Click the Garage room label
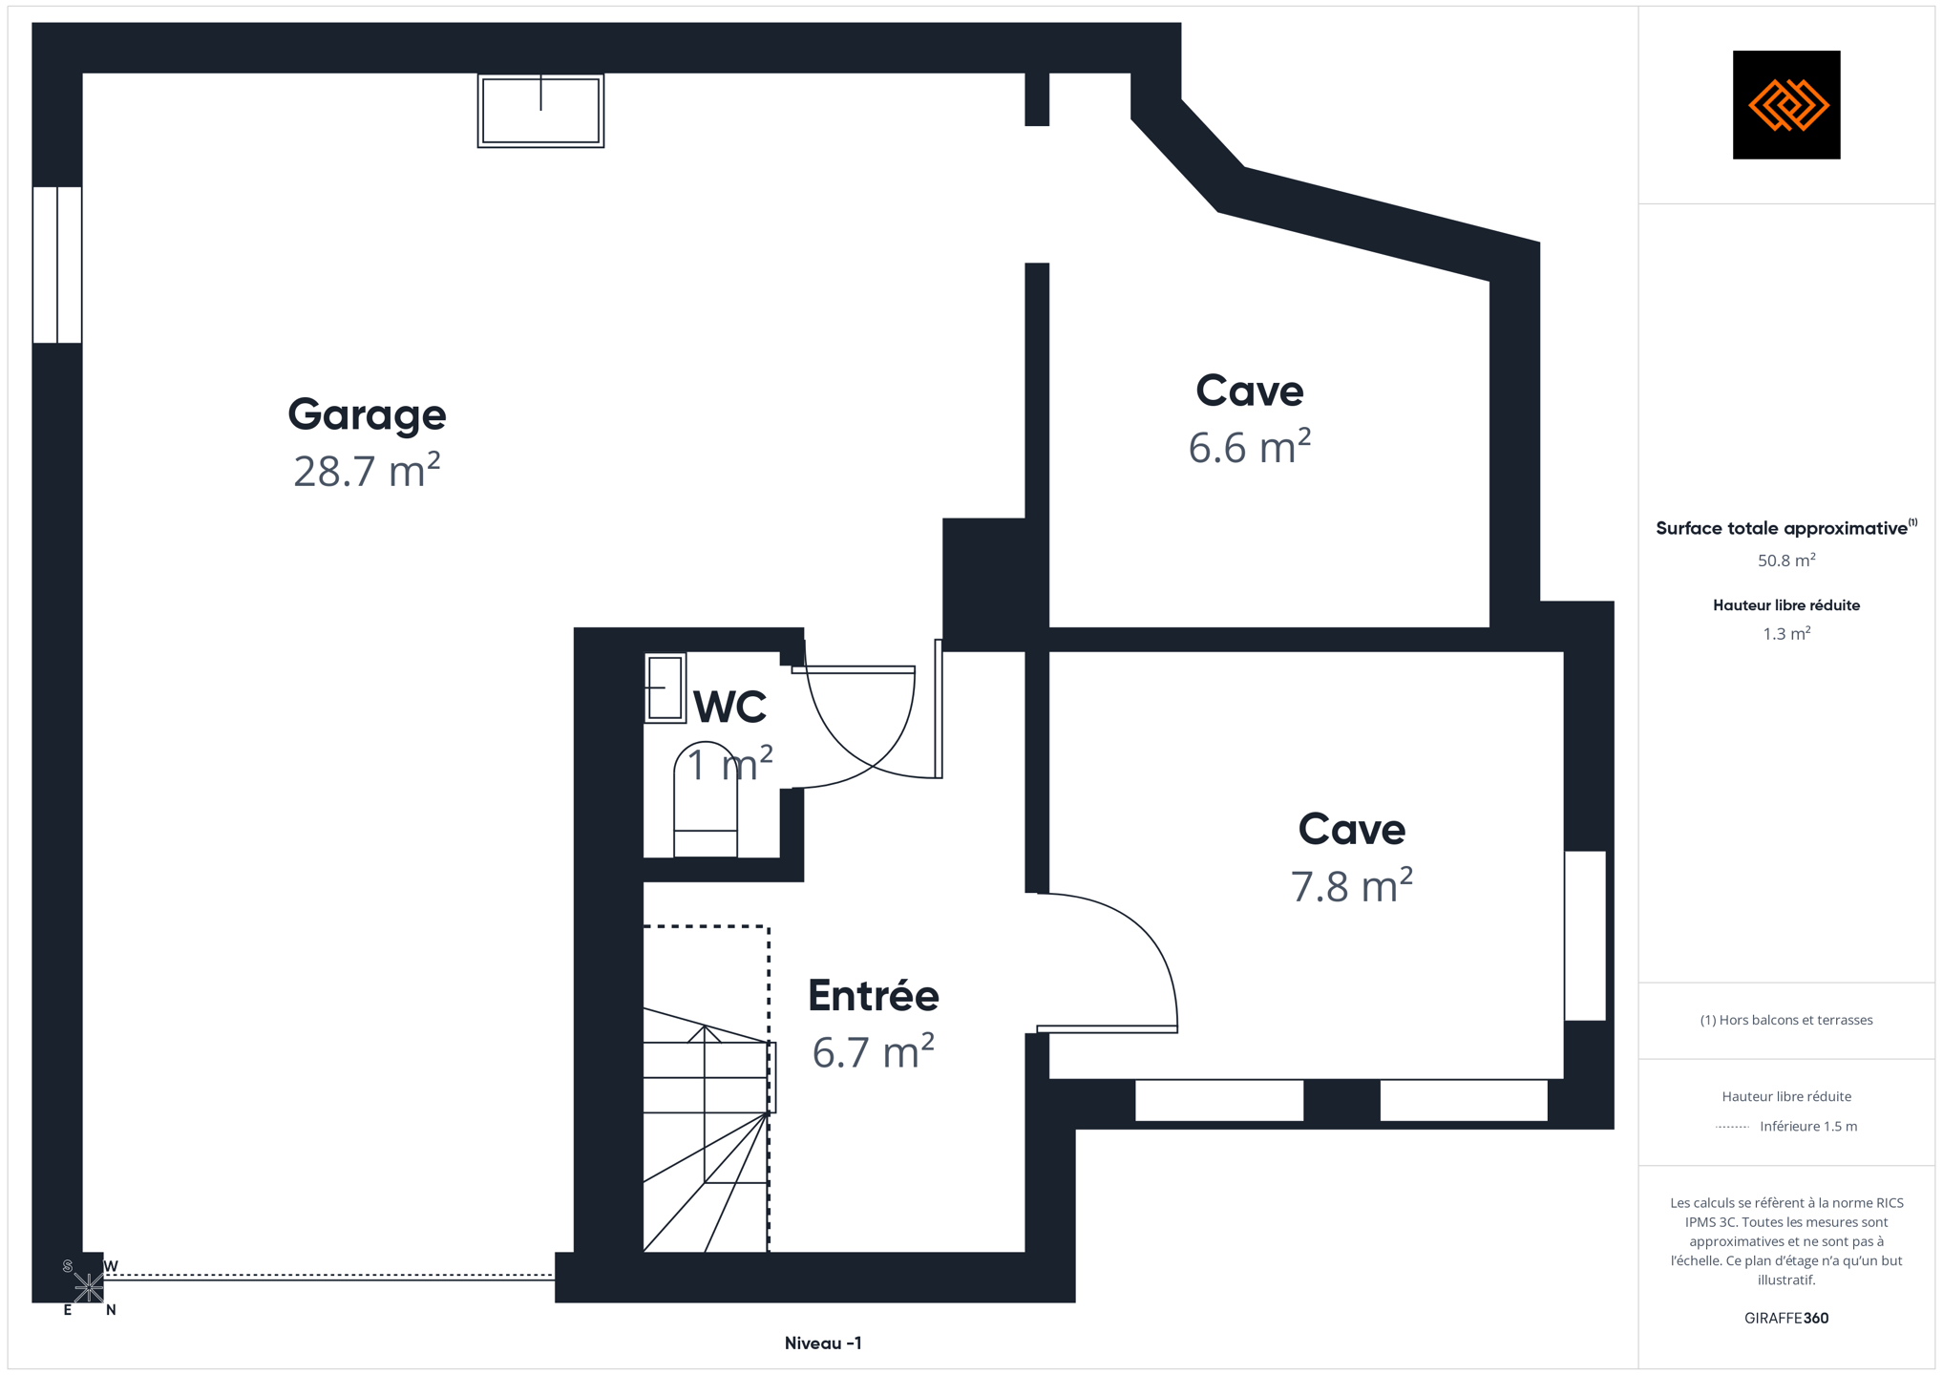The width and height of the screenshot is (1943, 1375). click(x=367, y=415)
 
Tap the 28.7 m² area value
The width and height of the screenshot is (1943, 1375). click(x=367, y=471)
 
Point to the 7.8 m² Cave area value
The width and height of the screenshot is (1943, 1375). click(x=1351, y=885)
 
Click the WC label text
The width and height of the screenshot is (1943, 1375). click(x=729, y=708)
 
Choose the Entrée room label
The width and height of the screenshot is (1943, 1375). click(x=873, y=996)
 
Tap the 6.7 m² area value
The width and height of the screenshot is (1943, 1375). click(x=873, y=1052)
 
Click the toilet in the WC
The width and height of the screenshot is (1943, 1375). click(x=706, y=799)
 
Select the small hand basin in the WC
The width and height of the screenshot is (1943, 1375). click(x=665, y=687)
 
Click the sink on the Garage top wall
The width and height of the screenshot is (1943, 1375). click(x=540, y=111)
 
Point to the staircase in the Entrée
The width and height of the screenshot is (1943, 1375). click(x=707, y=1129)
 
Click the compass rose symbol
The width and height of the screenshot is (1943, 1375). click(x=89, y=1288)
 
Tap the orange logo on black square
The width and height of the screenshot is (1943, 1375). click(x=1785, y=105)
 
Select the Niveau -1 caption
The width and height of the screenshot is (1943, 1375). click(x=823, y=1343)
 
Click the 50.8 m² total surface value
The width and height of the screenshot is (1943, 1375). click(x=1785, y=561)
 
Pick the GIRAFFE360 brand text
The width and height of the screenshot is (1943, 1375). click(x=1785, y=1318)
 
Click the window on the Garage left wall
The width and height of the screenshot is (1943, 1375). click(x=57, y=264)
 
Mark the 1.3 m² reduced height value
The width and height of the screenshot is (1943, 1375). click(x=1785, y=633)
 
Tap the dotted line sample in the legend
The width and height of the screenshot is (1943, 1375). click(x=1732, y=1127)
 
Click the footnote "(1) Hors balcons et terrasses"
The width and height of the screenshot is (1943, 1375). click(x=1785, y=1020)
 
